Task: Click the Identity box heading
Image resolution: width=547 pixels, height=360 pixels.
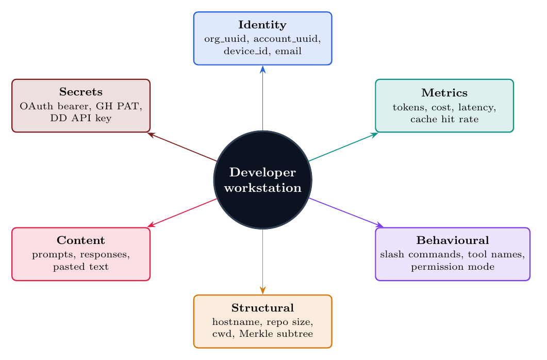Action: (x=262, y=25)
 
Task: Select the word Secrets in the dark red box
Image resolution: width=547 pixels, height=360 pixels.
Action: (x=81, y=92)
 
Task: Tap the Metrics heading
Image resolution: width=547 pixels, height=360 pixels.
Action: (x=444, y=93)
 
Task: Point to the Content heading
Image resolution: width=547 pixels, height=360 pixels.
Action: (x=81, y=240)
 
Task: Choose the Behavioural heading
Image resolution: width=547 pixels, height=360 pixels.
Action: (x=452, y=240)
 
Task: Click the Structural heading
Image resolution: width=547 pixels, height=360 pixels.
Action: (x=262, y=308)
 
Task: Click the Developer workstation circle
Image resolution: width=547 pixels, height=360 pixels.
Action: (x=263, y=180)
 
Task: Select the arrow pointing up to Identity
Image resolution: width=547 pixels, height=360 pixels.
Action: (x=263, y=98)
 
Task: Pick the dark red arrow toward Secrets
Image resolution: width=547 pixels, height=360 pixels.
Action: (x=181, y=147)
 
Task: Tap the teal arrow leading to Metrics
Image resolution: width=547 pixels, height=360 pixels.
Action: (x=343, y=146)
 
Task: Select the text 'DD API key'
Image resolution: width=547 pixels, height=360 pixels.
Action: (x=81, y=118)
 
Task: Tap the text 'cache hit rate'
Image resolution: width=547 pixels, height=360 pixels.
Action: (x=444, y=119)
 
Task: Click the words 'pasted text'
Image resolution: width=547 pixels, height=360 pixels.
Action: (x=81, y=267)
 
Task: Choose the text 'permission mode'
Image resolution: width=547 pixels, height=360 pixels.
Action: (x=452, y=267)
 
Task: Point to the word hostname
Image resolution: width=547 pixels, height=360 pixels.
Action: (x=231, y=321)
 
